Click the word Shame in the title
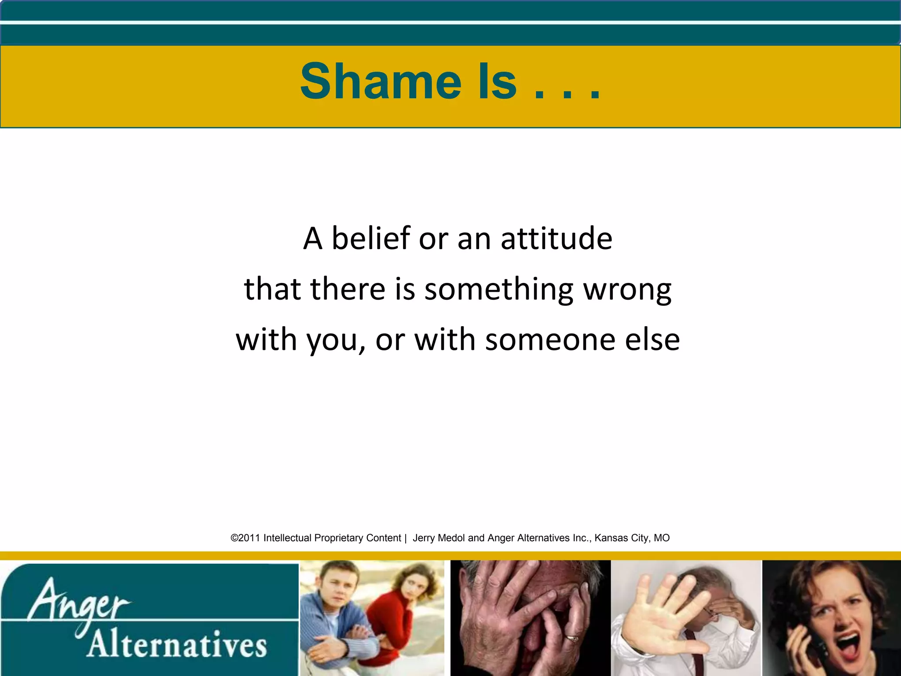(x=381, y=81)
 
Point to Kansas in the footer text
(x=611, y=538)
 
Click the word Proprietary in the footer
(x=339, y=538)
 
